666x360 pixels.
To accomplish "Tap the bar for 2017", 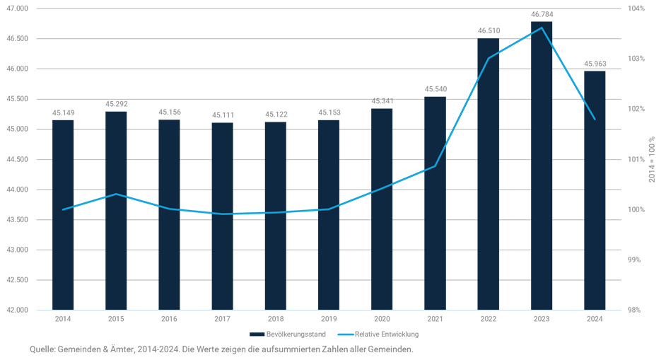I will point(222,216).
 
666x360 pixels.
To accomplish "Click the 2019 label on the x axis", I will point(328,318).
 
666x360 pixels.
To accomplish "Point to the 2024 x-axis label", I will point(595,318).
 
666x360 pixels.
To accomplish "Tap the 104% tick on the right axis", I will point(636,8).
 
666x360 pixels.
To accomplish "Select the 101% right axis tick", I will point(636,159).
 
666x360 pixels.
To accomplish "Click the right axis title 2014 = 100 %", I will point(652,160).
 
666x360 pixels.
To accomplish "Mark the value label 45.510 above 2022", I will point(489,31).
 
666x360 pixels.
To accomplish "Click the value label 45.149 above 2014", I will point(64,112).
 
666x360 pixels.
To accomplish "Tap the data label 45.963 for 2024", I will point(595,64).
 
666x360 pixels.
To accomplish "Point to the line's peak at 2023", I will point(542,28).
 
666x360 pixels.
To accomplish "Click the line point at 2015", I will point(116,194).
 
